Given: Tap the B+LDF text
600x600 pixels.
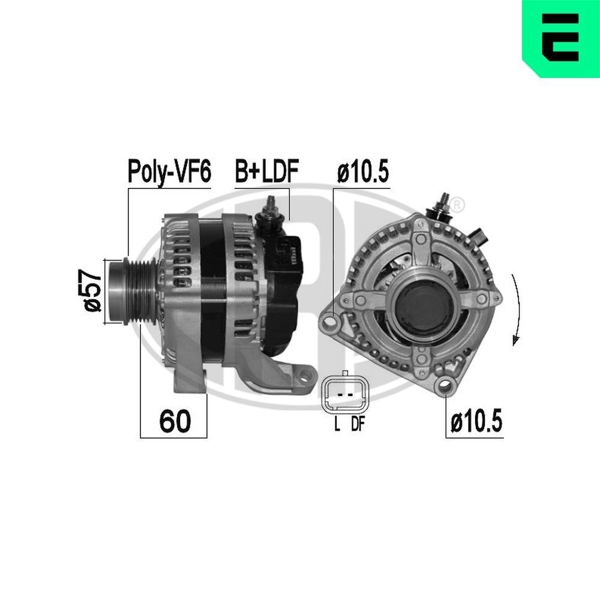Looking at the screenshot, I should coord(266,172).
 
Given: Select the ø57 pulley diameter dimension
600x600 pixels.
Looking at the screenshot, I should coord(92,291).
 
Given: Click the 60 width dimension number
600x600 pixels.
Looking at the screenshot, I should coord(175,422).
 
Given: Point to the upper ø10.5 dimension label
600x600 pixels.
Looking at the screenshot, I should coord(362,172).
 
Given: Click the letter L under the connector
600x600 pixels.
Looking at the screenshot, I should coord(337,425).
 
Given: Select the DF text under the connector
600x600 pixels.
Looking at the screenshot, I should coord(358,425).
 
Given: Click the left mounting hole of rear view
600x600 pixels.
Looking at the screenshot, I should coord(329,325).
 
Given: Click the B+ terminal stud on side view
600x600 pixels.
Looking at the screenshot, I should coord(271,207).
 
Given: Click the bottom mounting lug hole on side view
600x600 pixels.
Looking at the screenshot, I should coord(307,377).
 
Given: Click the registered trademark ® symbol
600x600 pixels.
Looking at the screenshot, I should coord(457,204).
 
